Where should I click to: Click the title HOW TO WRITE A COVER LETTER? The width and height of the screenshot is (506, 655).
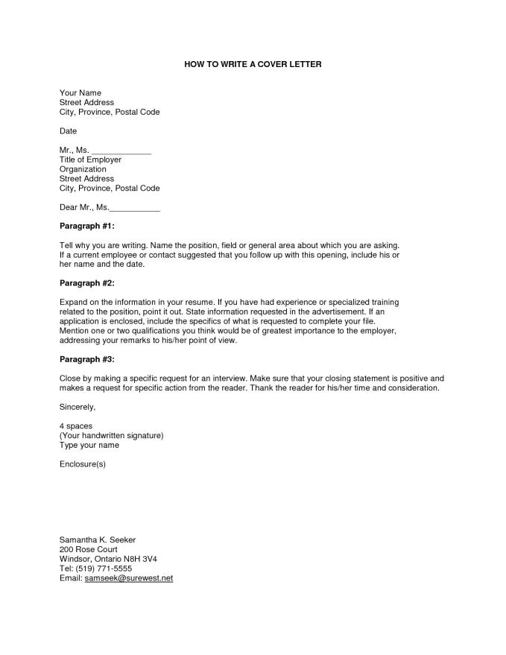[x=253, y=65]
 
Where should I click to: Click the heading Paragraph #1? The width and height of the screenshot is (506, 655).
[x=87, y=226]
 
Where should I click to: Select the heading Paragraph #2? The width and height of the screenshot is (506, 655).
[x=87, y=283]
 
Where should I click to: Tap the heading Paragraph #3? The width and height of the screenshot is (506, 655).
[x=87, y=359]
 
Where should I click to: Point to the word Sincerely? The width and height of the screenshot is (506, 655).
[x=78, y=407]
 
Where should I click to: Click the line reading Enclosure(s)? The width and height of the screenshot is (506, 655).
[x=83, y=464]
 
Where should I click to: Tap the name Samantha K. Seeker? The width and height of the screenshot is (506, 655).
[x=97, y=539]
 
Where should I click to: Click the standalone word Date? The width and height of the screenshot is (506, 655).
[x=68, y=130]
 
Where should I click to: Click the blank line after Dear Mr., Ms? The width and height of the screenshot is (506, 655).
[x=135, y=208]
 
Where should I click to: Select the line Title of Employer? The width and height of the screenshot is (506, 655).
[x=90, y=159]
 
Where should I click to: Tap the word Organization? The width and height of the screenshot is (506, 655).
[x=83, y=169]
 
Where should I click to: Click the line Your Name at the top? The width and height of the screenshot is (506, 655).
[x=80, y=93]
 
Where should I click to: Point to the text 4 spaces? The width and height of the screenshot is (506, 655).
[x=76, y=426]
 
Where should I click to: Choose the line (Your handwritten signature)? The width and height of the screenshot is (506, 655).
[x=111, y=436]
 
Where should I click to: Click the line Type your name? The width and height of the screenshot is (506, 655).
[x=89, y=446]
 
